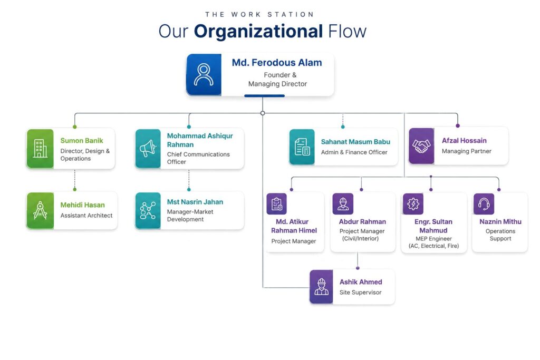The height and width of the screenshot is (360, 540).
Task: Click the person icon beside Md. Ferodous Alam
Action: pos(204,74)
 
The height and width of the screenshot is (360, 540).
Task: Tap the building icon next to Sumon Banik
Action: pos(40,148)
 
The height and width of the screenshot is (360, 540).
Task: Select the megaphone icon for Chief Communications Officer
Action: pos(148,149)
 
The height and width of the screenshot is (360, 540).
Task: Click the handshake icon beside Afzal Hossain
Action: pos(421,146)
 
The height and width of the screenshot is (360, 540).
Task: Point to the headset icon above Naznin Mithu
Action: pos(484,204)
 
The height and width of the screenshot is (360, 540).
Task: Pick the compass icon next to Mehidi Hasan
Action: pos(40,210)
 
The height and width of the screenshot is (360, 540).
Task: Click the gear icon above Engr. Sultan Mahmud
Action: pos(413,204)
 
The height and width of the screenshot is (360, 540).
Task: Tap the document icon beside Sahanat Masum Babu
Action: pos(302,147)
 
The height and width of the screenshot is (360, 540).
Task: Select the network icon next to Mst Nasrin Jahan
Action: pos(148,211)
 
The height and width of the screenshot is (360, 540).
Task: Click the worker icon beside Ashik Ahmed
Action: pos(321,287)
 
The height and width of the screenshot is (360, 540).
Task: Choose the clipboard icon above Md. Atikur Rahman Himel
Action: pos(276,204)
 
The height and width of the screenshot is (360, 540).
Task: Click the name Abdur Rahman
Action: pos(362,222)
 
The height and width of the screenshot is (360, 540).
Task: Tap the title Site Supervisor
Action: pos(360,292)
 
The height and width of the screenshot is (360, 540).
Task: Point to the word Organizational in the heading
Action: pos(258,32)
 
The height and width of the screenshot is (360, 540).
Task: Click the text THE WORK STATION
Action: pos(259,14)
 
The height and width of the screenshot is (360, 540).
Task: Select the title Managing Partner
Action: pos(467,151)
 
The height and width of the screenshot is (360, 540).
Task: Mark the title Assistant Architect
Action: pos(86,216)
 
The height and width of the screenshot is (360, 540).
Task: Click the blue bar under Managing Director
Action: pos(265,96)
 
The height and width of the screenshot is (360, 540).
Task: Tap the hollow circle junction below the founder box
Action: pos(263,113)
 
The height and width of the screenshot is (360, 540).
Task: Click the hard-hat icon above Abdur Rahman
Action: pos(343,204)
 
